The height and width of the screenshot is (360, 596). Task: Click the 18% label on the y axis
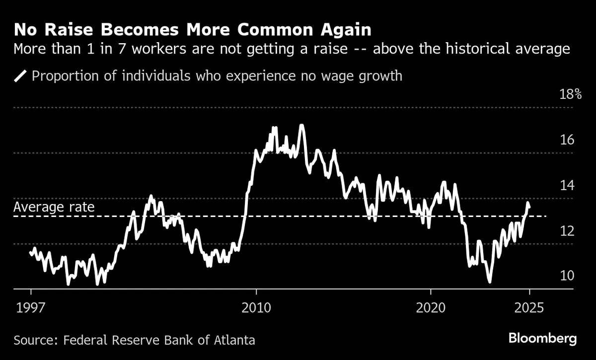(570, 94)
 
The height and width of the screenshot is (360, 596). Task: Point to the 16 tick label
(567, 140)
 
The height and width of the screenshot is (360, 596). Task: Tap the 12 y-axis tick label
(567, 231)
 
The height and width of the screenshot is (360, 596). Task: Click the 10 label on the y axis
(567, 276)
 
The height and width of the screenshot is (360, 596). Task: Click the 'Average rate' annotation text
(54, 207)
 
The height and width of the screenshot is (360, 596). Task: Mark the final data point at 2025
(529, 207)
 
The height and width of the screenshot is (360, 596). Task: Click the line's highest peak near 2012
(301, 125)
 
